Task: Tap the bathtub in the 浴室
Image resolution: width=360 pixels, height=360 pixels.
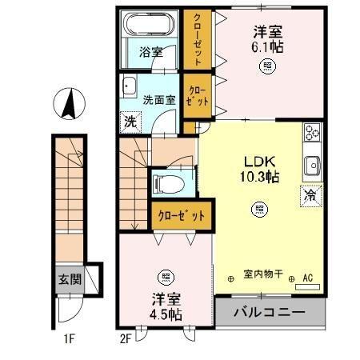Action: pyautogui.click(x=149, y=27)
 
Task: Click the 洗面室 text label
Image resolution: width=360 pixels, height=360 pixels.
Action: pyautogui.click(x=158, y=101)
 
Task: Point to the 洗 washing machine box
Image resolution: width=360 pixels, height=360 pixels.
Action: pyautogui.click(x=129, y=122)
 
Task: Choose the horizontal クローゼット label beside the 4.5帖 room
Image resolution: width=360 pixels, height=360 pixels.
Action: pyautogui.click(x=182, y=215)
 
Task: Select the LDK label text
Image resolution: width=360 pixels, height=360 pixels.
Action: pyautogui.click(x=258, y=160)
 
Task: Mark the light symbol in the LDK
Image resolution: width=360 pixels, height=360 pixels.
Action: pyautogui.click(x=259, y=210)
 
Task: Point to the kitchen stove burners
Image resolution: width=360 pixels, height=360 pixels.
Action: pyautogui.click(x=311, y=134)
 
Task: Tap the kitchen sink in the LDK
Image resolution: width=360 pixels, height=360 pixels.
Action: pyautogui.click(x=311, y=166)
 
